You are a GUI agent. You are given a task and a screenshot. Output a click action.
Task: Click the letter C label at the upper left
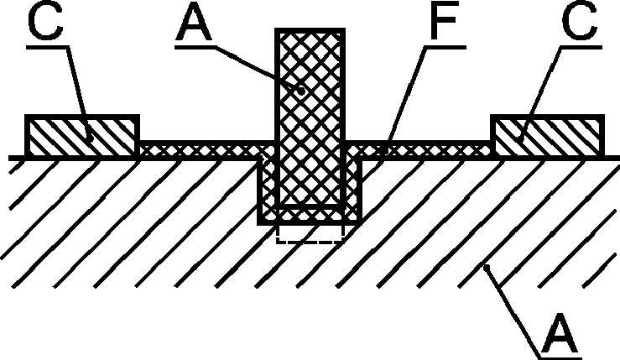(45, 23)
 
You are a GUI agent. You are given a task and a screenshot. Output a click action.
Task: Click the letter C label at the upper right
(579, 23)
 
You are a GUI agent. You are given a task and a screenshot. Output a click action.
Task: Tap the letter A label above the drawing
(194, 23)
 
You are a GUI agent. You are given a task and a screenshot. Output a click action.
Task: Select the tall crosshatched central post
(310, 118)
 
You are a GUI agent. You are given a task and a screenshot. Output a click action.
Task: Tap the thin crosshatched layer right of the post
(418, 150)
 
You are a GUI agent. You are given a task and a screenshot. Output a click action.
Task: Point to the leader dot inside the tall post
(301, 91)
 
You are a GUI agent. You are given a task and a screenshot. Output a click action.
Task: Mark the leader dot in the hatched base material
(487, 268)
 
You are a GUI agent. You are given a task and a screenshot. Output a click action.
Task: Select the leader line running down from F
(406, 99)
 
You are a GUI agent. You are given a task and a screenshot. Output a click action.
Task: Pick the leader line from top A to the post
(258, 69)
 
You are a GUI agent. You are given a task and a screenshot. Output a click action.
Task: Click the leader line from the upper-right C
(540, 93)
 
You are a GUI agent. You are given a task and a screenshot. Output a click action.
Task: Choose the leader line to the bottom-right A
(514, 312)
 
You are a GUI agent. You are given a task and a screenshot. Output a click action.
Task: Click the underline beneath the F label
(445, 48)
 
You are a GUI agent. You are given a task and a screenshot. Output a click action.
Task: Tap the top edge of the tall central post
(310, 30)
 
